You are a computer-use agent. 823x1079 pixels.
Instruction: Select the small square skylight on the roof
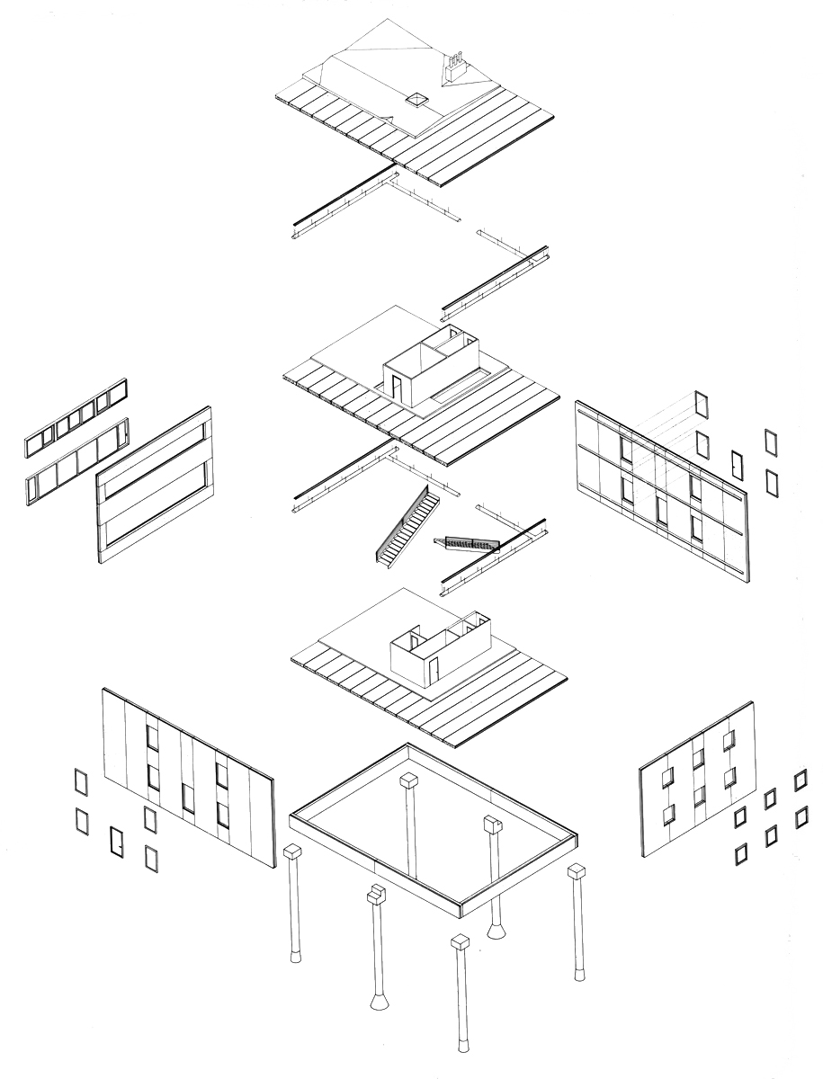click(416, 100)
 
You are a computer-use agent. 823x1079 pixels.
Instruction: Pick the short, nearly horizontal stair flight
click(468, 542)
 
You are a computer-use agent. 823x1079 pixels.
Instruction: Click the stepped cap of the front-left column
click(376, 894)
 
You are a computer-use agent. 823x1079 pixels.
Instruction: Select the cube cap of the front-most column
click(460, 942)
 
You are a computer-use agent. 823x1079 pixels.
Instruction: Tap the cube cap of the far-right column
click(577, 871)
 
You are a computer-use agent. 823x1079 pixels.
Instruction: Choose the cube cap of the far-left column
click(292, 852)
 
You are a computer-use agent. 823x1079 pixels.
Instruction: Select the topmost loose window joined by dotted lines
click(702, 404)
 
